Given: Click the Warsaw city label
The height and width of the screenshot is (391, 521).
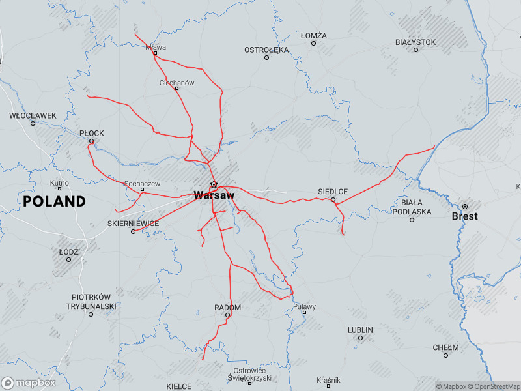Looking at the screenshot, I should coord(214,195).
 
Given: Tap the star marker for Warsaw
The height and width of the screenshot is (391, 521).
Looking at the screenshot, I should coord(214,184).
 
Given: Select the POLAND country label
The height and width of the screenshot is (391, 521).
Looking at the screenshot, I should coord(55,201).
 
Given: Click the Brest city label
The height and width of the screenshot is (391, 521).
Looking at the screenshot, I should coord(464,216).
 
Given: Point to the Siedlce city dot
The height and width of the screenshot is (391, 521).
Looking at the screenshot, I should coord(333,199).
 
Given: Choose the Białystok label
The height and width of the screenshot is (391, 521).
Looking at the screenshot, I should coord(415,42).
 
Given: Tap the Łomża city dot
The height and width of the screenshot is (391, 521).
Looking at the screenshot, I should coord(313,43).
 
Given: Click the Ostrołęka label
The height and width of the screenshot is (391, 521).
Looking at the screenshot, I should coord(266,50).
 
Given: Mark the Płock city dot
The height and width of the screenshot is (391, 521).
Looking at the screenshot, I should coord(92,141).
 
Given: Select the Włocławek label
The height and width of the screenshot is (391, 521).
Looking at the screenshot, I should coord(33,115).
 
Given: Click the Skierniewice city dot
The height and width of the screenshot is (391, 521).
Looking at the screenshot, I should coord(133,231).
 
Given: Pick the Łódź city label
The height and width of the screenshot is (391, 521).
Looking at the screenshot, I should coord(68,252).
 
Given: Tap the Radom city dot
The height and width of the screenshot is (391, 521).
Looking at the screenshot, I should coord(228,315).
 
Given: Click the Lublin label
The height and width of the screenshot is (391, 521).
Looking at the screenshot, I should coord(360,330).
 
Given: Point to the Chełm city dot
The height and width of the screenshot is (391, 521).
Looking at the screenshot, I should coord(445,355).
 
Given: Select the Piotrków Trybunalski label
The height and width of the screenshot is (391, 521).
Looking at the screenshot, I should coord(91,301).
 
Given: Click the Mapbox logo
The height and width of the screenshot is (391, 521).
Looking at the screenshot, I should coord(29,383).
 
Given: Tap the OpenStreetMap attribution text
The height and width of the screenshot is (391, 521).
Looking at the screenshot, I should coord(493,386).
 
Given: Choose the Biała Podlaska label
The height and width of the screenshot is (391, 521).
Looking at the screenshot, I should coord(412,207).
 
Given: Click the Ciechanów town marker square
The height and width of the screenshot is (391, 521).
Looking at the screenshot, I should coord(177,89).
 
